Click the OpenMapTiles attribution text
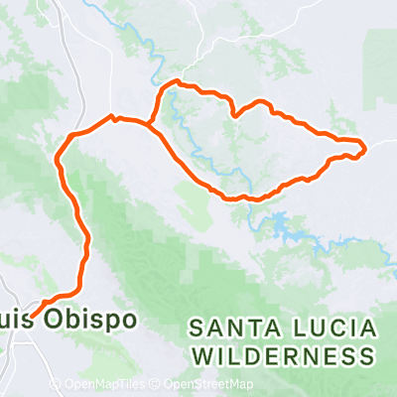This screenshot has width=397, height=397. pyautogui.click(x=105, y=385)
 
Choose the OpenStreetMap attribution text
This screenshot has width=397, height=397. pyautogui.click(x=208, y=385)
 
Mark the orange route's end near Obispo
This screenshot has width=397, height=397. pyautogui.click(x=34, y=316)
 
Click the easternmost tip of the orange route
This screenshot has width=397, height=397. pyautogui.click(x=365, y=149)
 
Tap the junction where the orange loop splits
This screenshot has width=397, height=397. pyautogui.click(x=149, y=124)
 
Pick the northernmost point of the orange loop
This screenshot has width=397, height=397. pyautogui.click(x=177, y=81)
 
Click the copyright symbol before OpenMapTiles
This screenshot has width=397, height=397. pyautogui.click(x=56, y=385)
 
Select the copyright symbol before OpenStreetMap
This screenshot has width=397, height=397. pyautogui.click(x=157, y=385)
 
